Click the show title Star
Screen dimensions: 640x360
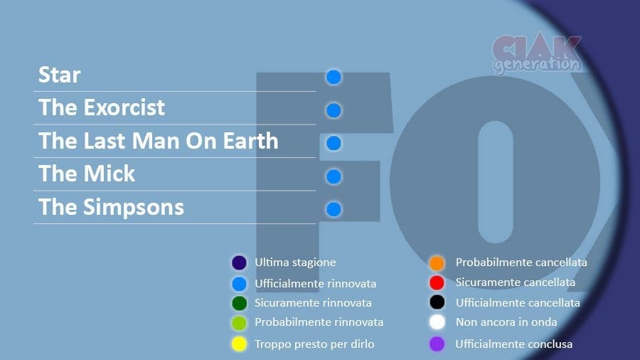click(60, 75)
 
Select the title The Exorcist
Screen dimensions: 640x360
click(102, 107)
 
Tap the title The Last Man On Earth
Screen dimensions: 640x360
click(159, 141)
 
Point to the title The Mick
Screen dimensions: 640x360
click(87, 174)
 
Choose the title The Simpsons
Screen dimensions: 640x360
click(111, 207)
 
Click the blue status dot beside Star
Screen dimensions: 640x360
click(334, 77)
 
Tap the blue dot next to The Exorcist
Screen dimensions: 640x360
click(334, 110)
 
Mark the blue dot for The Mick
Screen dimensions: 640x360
click(334, 176)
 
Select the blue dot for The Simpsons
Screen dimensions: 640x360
click(334, 209)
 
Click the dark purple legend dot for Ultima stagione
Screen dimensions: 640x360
click(239, 263)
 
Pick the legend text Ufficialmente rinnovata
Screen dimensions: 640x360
click(316, 283)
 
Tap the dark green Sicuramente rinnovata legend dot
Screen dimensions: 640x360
click(239, 303)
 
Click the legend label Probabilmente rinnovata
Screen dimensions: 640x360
click(319, 322)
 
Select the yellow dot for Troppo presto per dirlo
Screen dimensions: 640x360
click(239, 344)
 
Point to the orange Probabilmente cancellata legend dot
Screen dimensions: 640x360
click(437, 263)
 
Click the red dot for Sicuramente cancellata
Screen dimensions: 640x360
click(437, 282)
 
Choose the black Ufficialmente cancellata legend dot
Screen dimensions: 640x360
click(437, 302)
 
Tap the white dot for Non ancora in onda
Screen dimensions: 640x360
click(437, 322)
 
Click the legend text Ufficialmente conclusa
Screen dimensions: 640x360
click(514, 344)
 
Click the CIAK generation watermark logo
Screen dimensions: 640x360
click(537, 55)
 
